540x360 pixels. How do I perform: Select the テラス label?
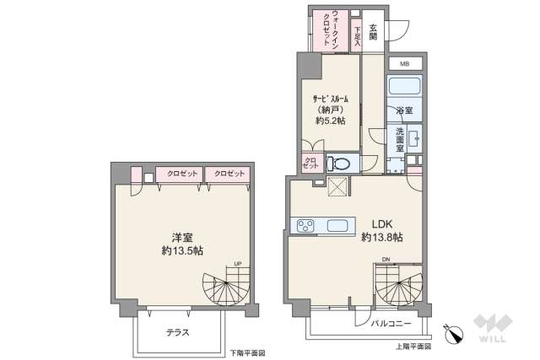pyautogui.click(x=176, y=332)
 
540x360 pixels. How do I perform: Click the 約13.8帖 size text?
pyautogui.click(x=381, y=239)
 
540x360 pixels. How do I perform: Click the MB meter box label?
pyautogui.click(x=404, y=64)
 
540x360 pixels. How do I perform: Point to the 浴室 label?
pyautogui.click(x=404, y=110)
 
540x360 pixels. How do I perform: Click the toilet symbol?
pyautogui.click(x=341, y=163)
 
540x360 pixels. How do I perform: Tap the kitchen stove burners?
pyautogui.click(x=304, y=225)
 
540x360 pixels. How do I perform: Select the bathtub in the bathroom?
pyautogui.click(x=404, y=88)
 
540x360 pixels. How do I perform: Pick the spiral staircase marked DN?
pyautogui.click(x=398, y=287)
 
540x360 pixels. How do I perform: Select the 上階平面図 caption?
pyautogui.click(x=413, y=346)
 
